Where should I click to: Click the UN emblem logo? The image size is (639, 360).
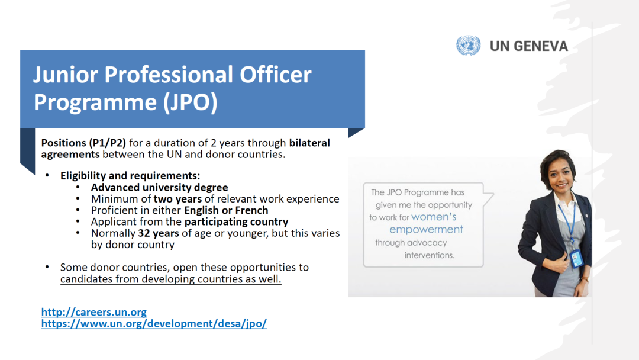point(468,45)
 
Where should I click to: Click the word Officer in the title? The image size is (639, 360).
point(276,75)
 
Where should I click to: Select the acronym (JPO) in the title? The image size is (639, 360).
point(191,102)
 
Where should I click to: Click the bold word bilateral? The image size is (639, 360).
point(309,143)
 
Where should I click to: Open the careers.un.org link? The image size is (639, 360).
point(93,312)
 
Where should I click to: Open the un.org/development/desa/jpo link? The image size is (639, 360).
point(154,324)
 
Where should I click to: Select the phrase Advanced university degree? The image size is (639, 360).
point(159,188)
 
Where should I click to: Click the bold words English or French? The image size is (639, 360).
point(226,210)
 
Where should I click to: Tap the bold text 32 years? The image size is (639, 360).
point(159,233)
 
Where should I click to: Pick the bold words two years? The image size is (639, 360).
point(177,199)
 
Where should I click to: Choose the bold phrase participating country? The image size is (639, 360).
point(236,222)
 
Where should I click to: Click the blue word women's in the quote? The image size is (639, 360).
point(434,217)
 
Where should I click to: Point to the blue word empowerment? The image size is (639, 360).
point(426,230)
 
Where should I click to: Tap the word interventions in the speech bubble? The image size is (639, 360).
point(430,255)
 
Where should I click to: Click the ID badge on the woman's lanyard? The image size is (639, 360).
point(577,259)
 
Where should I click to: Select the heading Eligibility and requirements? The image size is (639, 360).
point(130,176)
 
